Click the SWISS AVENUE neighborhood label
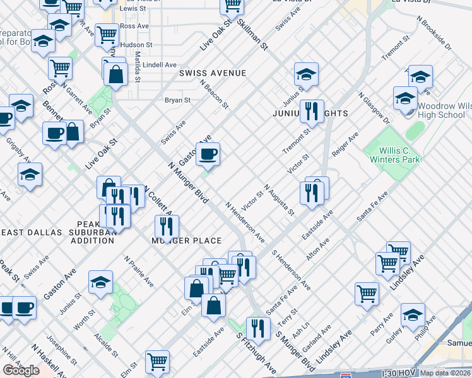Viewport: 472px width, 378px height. pos(212,73)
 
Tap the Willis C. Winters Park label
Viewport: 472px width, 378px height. pos(391,155)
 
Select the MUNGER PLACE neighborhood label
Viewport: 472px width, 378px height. pos(186,241)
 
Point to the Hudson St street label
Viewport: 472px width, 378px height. pos(136,45)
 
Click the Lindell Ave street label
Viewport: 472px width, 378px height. pos(160,65)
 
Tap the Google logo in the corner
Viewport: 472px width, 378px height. pos(21,370)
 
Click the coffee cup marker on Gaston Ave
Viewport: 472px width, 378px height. pos(208,153)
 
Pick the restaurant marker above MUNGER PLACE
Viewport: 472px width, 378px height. pos(167,226)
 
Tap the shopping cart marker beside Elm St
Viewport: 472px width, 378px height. pos(157,362)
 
